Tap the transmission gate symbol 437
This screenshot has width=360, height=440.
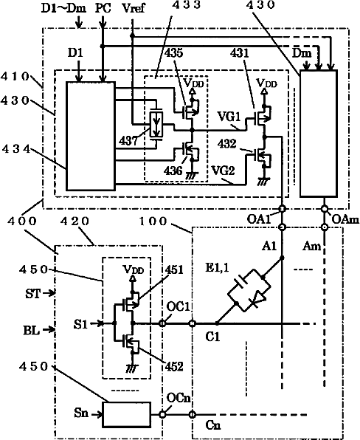point(156,125)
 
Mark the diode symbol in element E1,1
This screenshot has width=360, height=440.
point(258,298)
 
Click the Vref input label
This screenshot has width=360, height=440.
point(134,8)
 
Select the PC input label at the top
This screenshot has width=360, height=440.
point(103,8)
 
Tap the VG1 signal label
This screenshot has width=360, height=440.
point(229,116)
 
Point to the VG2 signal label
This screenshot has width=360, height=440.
point(223,171)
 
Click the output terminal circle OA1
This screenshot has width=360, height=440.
point(283,209)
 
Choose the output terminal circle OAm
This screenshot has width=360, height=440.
point(325,209)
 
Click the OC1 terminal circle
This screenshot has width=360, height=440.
point(162,323)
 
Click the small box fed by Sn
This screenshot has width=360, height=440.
point(126,414)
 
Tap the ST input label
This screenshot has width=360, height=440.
point(33,294)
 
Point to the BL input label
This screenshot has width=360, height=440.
point(31,330)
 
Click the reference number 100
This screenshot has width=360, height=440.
point(153,221)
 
